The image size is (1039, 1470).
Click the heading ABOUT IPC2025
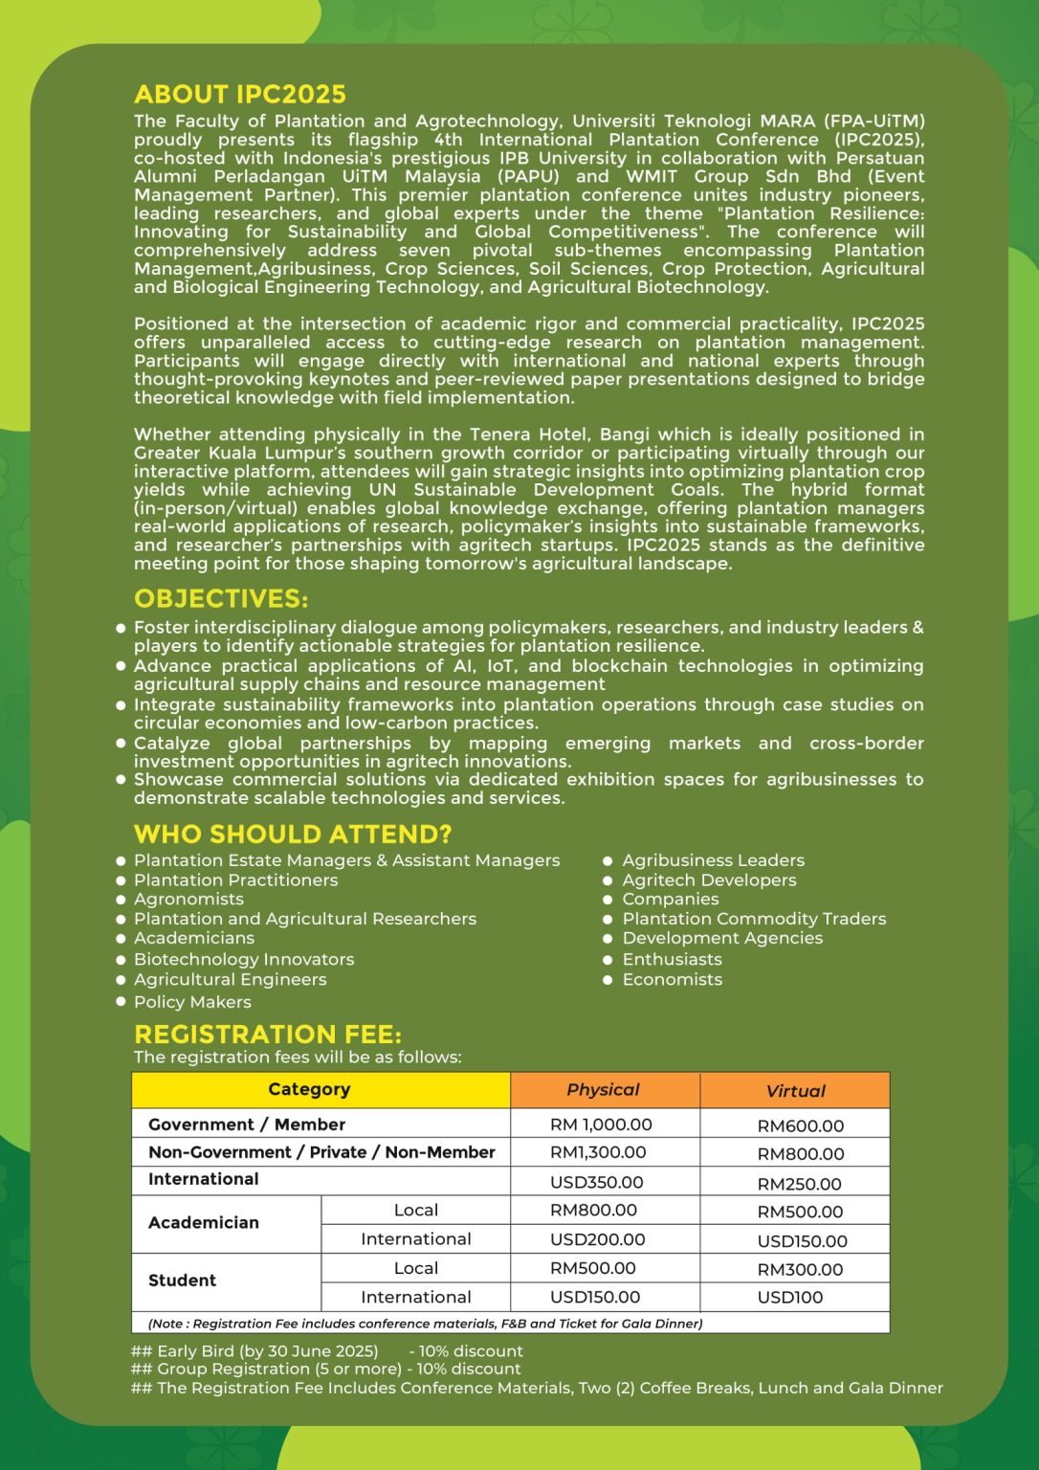click(240, 94)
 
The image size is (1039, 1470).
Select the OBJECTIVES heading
click(221, 599)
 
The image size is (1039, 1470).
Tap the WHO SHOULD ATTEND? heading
click(293, 835)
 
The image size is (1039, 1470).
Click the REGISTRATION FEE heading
click(268, 1035)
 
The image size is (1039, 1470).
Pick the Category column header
click(309, 1089)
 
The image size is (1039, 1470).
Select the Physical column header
click(603, 1089)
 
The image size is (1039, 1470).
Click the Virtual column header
click(795, 1091)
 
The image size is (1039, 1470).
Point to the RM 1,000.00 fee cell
click(601, 1125)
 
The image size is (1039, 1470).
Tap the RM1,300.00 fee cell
click(598, 1152)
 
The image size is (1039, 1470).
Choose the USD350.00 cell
click(597, 1182)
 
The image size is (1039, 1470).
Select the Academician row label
click(204, 1223)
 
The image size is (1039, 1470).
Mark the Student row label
click(183, 1281)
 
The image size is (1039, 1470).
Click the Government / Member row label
click(247, 1125)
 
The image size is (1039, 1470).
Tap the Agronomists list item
click(188, 900)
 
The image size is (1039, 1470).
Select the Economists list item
click(673, 980)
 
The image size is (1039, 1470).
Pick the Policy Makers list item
click(192, 1002)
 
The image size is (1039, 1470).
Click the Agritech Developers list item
click(709, 880)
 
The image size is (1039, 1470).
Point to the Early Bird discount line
click(326, 1351)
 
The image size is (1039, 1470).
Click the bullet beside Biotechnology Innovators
click(122, 959)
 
